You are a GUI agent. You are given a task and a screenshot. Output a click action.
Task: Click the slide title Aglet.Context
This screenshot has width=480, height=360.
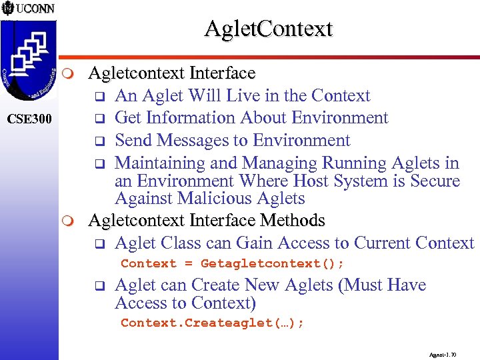click(268, 29)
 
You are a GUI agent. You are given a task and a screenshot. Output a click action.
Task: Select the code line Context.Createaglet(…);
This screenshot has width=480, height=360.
click(212, 323)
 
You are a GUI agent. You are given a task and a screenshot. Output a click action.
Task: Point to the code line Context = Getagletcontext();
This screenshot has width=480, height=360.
click(232, 263)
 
